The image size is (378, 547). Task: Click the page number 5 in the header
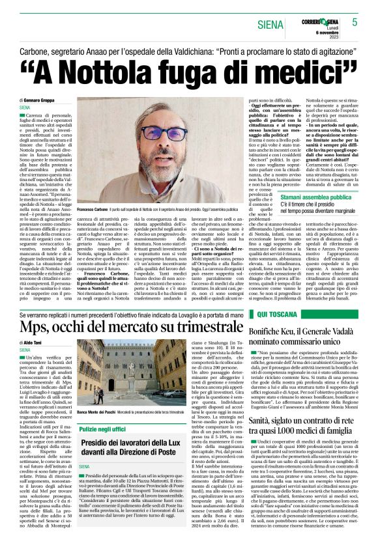(x=355, y=22)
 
